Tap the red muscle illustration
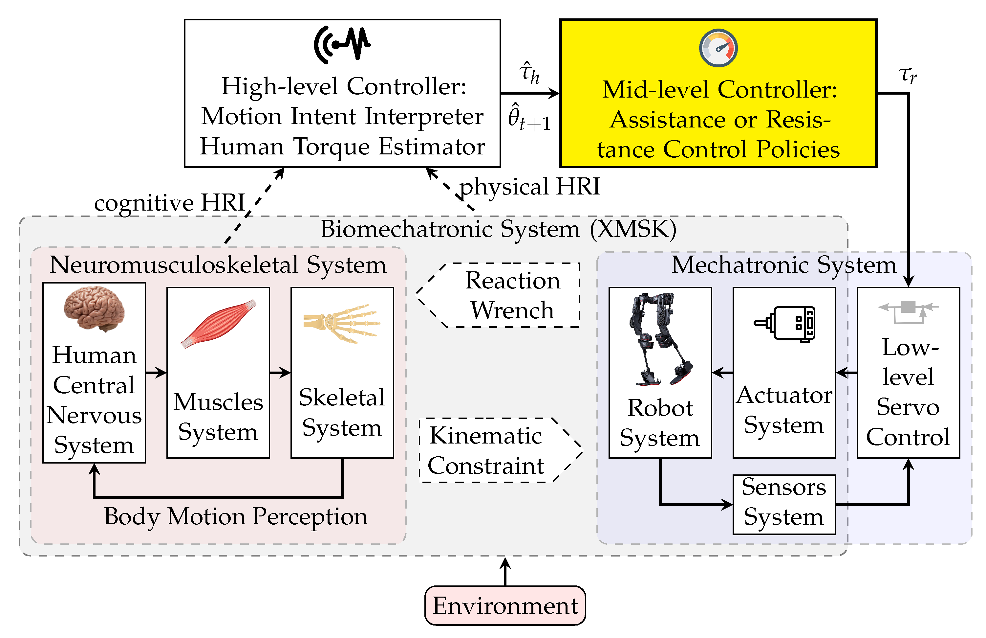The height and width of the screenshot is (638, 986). click(x=218, y=323)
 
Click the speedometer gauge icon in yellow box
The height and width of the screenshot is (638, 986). click(x=718, y=48)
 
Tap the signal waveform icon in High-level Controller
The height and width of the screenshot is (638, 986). click(x=342, y=44)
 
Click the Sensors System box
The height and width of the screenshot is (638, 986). click(x=784, y=504)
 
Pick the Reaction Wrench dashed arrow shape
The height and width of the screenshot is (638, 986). click(x=501, y=295)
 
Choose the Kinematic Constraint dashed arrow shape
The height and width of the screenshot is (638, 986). click(x=497, y=450)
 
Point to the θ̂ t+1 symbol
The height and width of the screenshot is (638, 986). click(x=529, y=118)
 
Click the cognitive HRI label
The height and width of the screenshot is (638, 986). click(x=170, y=203)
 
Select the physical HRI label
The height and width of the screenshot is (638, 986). click(x=530, y=186)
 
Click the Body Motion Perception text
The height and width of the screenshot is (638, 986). click(x=236, y=517)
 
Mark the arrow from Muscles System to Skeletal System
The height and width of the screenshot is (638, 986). click(x=280, y=373)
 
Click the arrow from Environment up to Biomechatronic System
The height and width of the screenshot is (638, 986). click(x=505, y=572)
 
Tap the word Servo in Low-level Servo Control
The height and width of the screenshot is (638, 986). click(x=908, y=407)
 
